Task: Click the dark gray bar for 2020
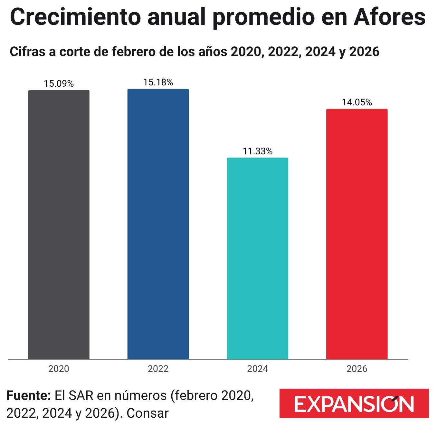point(59,225)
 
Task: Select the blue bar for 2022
point(158,224)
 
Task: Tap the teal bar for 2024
point(258,258)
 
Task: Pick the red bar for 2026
point(357,234)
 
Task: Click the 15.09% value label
point(59,83)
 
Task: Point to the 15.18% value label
point(158,82)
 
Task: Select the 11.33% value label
point(258,151)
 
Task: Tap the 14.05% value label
point(357,102)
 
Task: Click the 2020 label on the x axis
point(59,369)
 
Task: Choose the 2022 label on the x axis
point(158,369)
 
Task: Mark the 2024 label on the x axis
point(258,369)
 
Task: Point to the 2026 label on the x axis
point(357,369)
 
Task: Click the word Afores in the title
point(389,17)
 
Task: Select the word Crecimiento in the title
point(75,17)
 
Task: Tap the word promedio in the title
point(263,18)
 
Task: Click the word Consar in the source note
point(148,413)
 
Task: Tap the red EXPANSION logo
point(354,403)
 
